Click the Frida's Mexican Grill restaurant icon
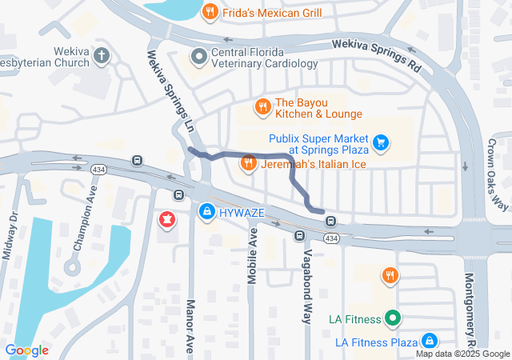pyautogui.click(x=210, y=12)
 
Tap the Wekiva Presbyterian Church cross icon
pyautogui.click(x=101, y=56)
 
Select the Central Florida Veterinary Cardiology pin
pyautogui.click(x=198, y=56)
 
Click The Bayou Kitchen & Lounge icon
pyautogui.click(x=262, y=106)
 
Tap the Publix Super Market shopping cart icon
pyautogui.click(x=382, y=143)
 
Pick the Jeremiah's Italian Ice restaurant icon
pyautogui.click(x=249, y=163)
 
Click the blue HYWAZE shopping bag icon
pyautogui.click(x=206, y=210)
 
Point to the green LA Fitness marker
pyautogui.click(x=392, y=318)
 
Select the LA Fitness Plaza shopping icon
pyautogui.click(x=430, y=342)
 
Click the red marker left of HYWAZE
pyautogui.click(x=167, y=218)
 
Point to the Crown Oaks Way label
pyautogui.click(x=497, y=176)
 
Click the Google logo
pyautogui.click(x=27, y=350)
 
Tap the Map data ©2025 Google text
pyautogui.click(x=462, y=354)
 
